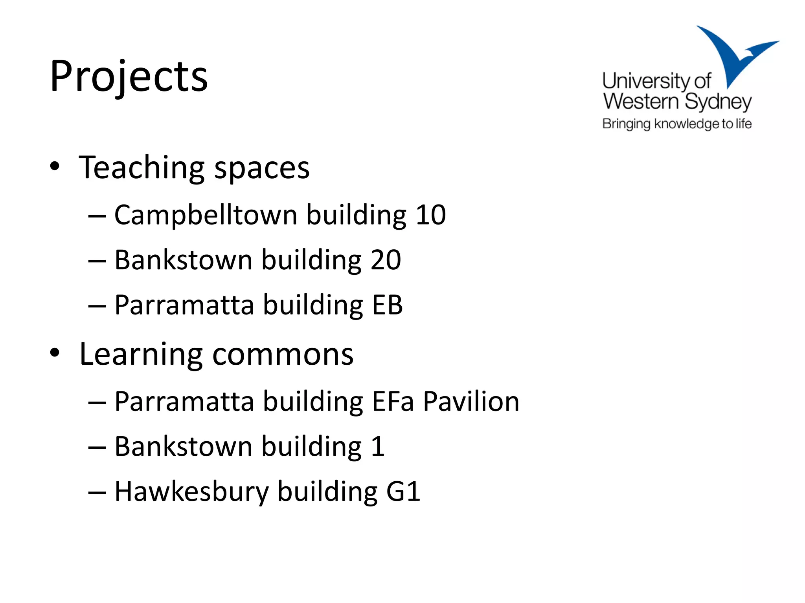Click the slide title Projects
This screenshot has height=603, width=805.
coord(129,77)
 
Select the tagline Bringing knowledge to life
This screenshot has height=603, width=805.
coord(677,124)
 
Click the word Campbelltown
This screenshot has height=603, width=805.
coord(206,215)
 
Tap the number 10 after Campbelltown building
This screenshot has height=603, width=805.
coord(431,215)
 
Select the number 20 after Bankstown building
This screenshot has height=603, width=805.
coord(386,260)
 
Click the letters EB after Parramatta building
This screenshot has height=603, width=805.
coord(387,305)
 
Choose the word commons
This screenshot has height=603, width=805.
coord(283,355)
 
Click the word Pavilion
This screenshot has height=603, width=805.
coord(471,402)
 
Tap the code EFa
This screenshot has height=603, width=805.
coord(393,402)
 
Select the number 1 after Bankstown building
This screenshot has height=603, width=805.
coord(378,447)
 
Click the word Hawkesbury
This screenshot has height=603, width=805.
coord(191,492)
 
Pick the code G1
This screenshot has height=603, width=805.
coord(403,492)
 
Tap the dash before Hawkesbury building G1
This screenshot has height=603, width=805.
coord(97,492)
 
